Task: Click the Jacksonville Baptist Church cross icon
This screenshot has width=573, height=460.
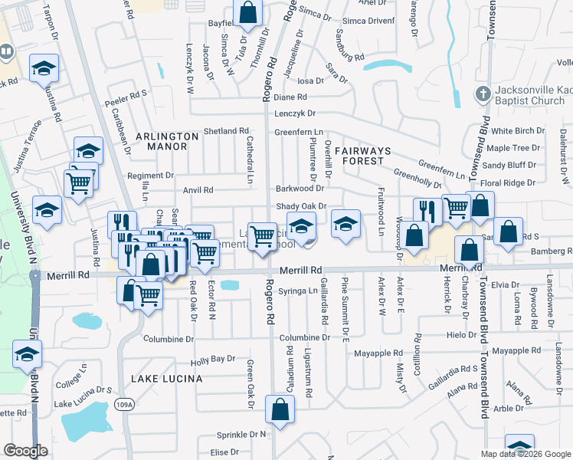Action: [483, 94]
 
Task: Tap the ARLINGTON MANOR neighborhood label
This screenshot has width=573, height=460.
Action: [167, 142]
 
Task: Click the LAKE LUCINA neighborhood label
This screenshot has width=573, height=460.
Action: [166, 379]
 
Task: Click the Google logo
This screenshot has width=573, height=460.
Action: [25, 451]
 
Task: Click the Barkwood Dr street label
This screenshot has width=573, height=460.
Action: [300, 189]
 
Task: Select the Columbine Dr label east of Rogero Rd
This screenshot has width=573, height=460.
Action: [304, 337]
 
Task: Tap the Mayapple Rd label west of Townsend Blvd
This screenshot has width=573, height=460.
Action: [378, 353]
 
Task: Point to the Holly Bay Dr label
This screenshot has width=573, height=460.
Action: [213, 359]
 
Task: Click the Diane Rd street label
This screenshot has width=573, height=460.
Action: [290, 97]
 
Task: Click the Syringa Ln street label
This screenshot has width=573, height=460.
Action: [299, 291]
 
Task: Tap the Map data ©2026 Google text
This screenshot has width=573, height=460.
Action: [525, 454]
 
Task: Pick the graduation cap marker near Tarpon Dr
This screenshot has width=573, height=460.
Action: [44, 67]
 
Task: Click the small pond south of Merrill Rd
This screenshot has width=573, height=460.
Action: [228, 286]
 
